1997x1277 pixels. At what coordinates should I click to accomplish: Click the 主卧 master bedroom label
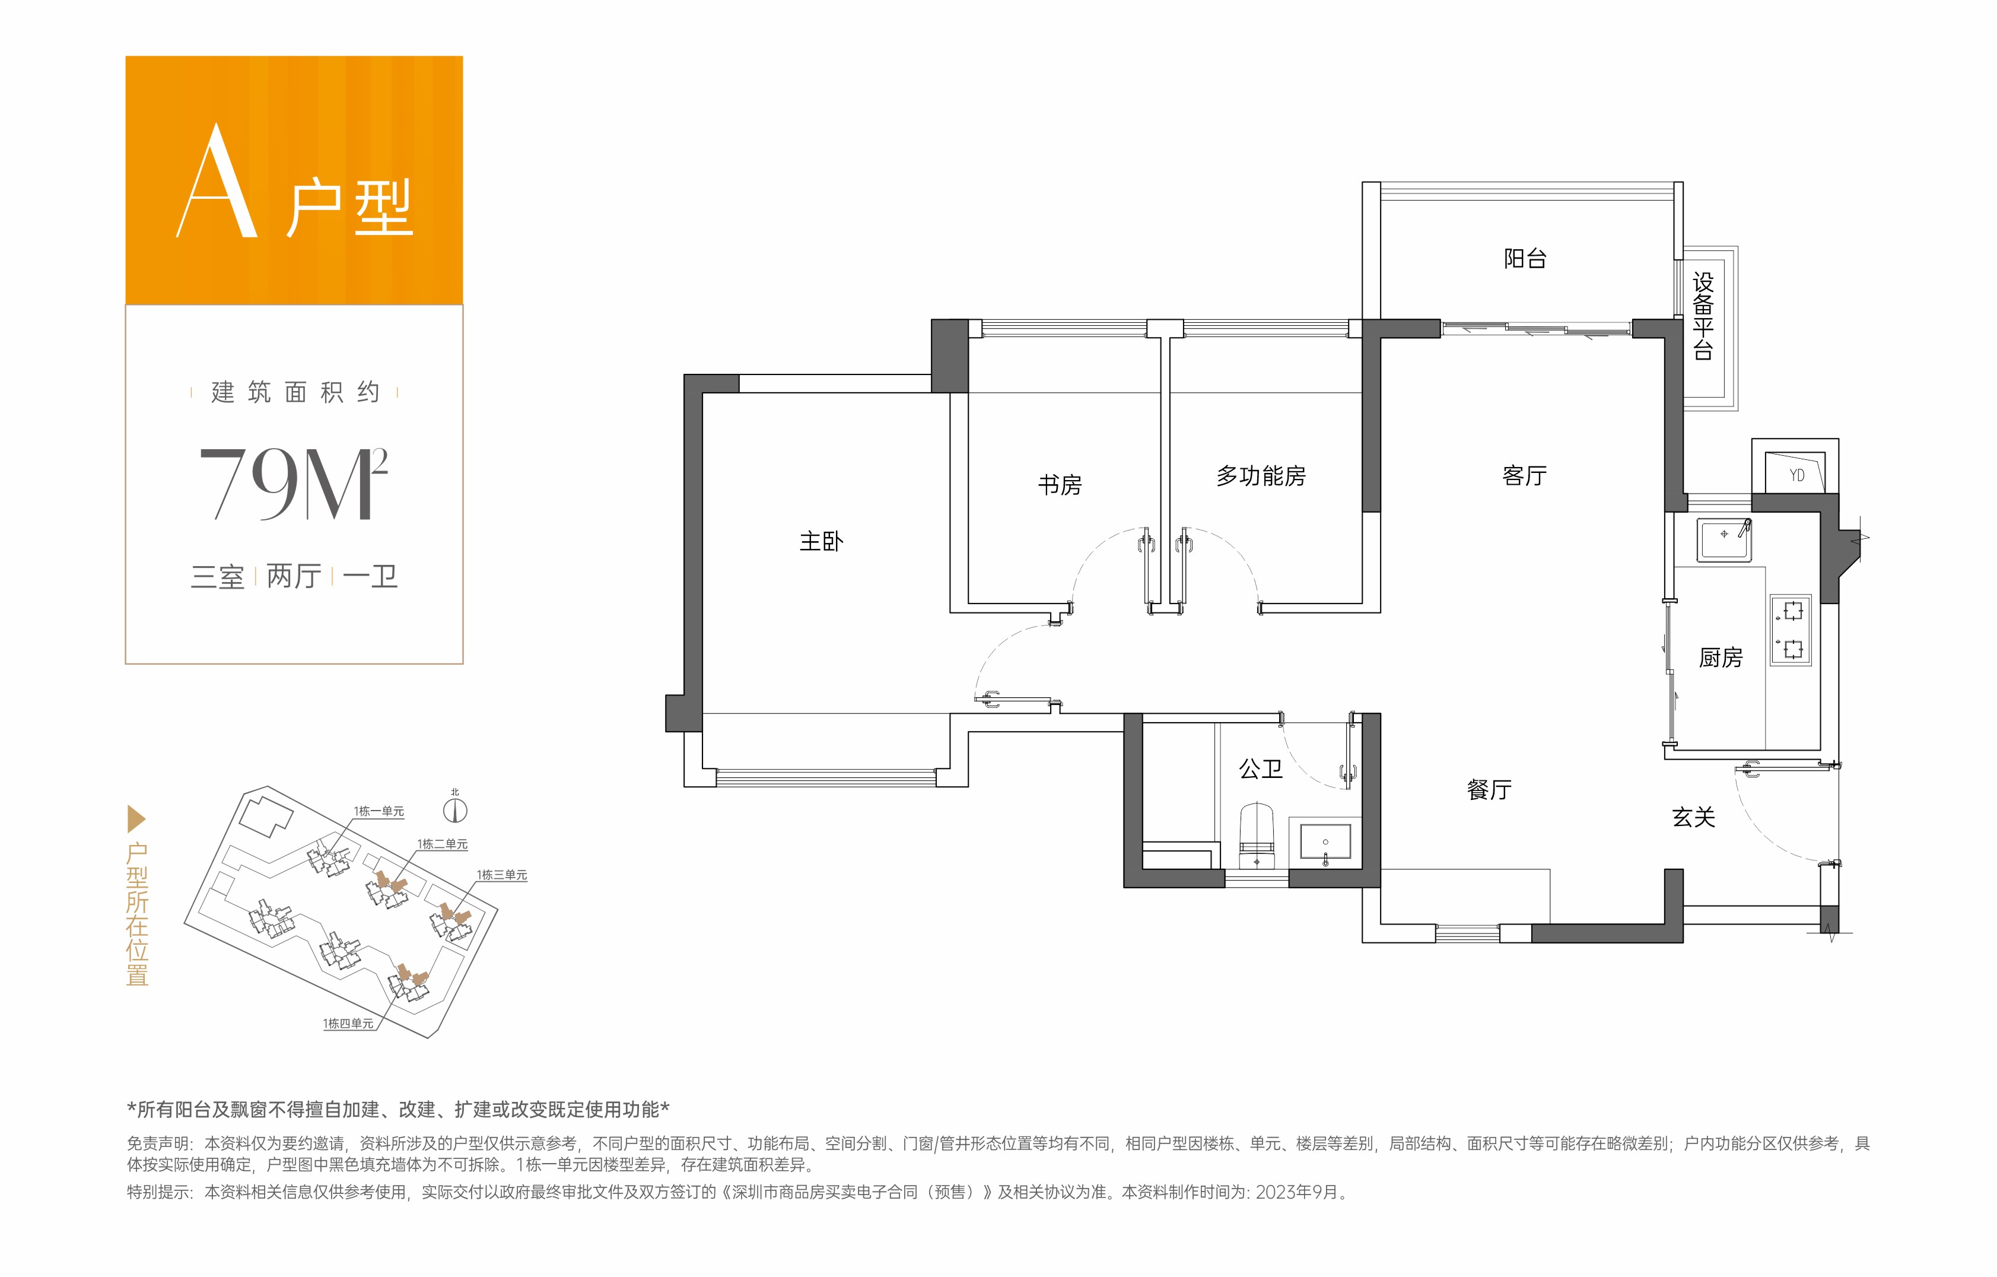click(x=821, y=542)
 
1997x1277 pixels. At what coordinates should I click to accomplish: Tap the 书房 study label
click(x=1060, y=485)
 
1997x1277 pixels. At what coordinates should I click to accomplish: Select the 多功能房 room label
click(x=1261, y=476)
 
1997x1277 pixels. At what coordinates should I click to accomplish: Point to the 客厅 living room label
click(x=1524, y=476)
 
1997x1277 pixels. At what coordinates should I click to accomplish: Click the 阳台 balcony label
click(x=1525, y=259)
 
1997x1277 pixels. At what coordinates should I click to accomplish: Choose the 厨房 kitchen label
click(x=1721, y=657)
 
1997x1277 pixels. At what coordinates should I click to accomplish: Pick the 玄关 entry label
click(x=1693, y=818)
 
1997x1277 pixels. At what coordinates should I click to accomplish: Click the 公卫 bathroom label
click(x=1261, y=770)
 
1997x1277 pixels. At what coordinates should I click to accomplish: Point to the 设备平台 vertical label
click(x=1703, y=316)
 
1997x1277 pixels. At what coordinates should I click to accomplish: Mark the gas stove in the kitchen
click(x=1791, y=630)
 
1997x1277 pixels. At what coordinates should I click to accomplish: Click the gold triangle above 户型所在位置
click(x=136, y=819)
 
